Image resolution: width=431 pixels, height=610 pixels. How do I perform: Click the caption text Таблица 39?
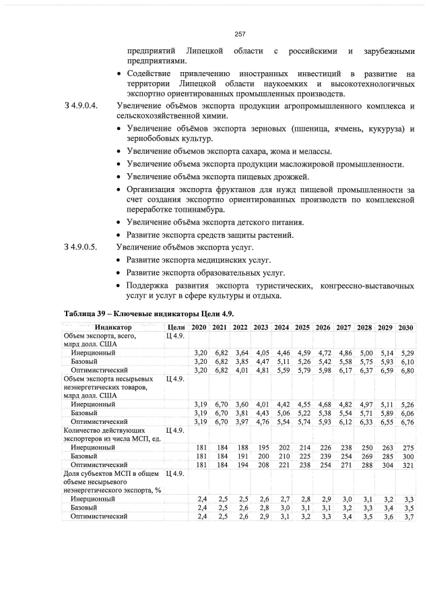[x=88, y=314]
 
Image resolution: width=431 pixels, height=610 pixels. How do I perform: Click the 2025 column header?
[x=302, y=327]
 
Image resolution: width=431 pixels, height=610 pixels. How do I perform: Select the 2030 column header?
[x=405, y=327]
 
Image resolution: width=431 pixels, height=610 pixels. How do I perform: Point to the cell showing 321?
[x=408, y=464]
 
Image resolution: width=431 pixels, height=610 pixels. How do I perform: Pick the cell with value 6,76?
[x=407, y=422]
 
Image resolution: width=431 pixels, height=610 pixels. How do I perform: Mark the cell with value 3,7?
[x=409, y=516]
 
